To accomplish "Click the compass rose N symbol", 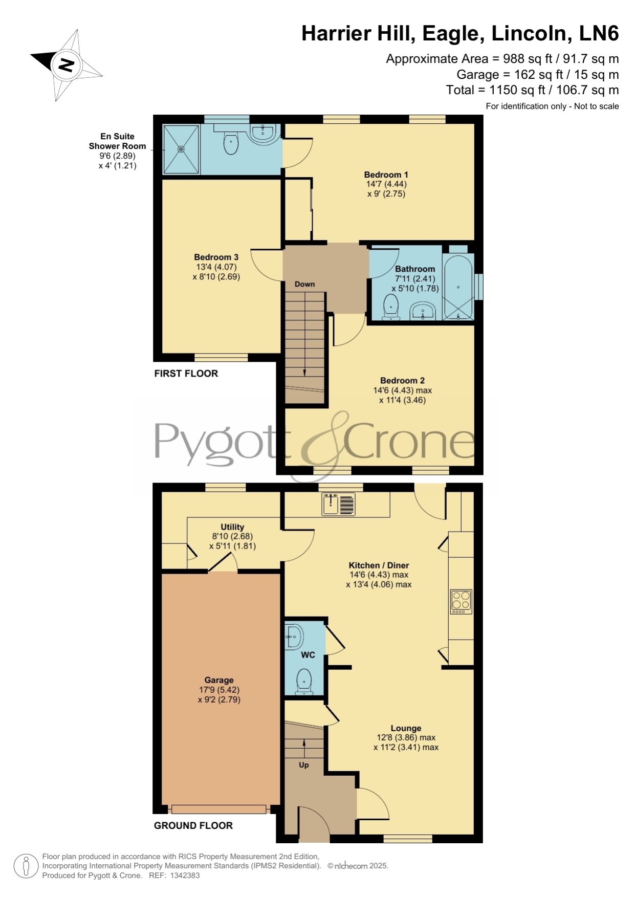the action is [66, 65].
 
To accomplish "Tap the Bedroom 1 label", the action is [386, 174].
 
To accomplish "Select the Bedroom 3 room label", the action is [216, 257].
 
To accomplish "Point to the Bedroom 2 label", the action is [402, 380].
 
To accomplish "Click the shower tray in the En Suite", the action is [181, 149].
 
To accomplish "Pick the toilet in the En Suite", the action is [231, 142].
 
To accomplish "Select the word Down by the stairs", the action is [304, 284].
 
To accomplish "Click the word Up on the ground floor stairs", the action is [304, 765].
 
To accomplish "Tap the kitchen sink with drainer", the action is [338, 503].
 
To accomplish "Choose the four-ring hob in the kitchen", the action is [461, 602].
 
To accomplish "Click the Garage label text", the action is [219, 680].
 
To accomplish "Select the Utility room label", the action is [232, 527].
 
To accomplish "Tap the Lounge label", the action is [406, 728].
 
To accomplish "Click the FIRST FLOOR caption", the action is [186, 374].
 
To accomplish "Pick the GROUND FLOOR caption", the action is [193, 825].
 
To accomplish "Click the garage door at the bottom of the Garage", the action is [219, 809].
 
